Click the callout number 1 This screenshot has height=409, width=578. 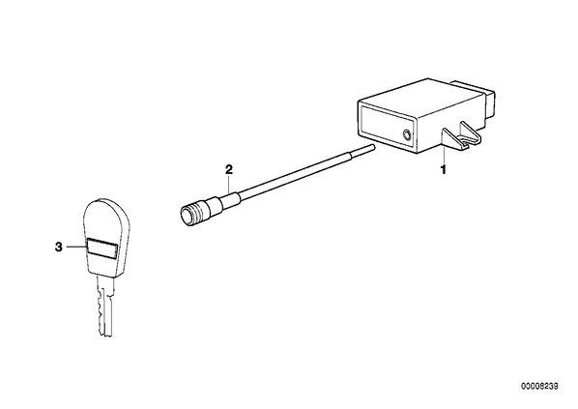(x=444, y=170)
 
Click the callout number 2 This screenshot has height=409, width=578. (x=229, y=169)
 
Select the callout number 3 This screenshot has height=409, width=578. (x=59, y=248)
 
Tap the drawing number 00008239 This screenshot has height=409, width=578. (x=539, y=386)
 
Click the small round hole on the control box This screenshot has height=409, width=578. (x=407, y=134)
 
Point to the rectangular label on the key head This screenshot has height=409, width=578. (x=102, y=247)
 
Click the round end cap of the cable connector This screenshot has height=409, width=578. (x=187, y=215)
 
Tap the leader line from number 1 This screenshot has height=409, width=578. (x=444, y=155)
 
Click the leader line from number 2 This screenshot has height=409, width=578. (x=230, y=184)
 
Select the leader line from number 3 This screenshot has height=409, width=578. (x=76, y=248)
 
